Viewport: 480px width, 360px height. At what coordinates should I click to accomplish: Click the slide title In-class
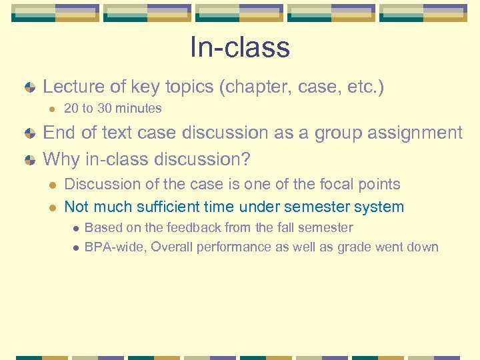click(x=239, y=47)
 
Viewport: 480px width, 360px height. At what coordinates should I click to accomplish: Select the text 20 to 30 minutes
click(x=113, y=108)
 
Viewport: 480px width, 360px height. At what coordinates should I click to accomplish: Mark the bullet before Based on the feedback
click(x=75, y=228)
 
